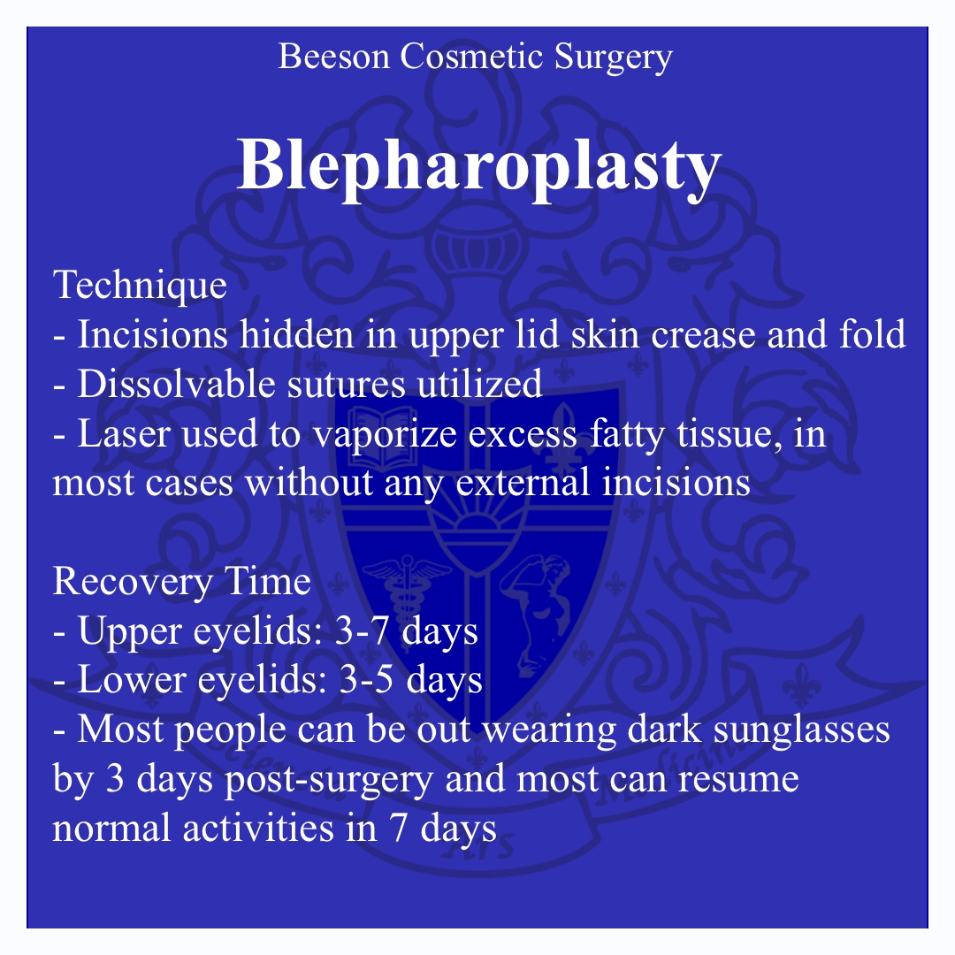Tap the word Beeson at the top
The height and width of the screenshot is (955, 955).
(x=333, y=57)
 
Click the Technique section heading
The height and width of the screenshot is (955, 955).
(x=140, y=286)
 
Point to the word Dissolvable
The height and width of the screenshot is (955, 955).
(x=176, y=385)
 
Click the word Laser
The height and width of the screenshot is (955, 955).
(x=124, y=434)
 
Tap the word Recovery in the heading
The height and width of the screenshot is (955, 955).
(x=133, y=582)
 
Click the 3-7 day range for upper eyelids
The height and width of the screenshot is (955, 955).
(x=362, y=630)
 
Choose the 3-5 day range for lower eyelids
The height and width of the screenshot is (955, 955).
(x=365, y=680)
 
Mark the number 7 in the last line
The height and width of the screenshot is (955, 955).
(x=399, y=829)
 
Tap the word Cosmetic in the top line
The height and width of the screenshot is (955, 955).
(x=471, y=57)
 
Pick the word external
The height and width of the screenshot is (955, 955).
(x=523, y=483)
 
